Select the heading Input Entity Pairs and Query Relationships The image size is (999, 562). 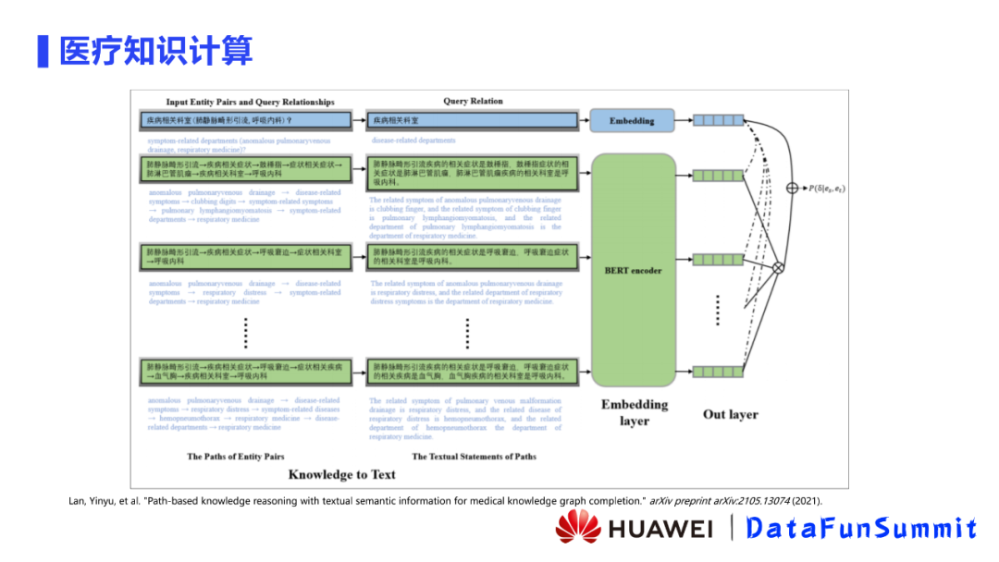250,102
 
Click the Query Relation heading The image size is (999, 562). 473,102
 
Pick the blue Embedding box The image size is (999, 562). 633,120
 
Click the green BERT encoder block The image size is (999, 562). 633,270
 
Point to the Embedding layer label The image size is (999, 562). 635,412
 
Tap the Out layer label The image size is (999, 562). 731,414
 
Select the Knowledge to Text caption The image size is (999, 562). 341,474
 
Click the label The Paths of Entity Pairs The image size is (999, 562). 235,456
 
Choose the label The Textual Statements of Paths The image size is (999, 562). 474,456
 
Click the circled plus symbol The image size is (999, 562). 792,189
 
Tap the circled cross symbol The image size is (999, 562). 778,267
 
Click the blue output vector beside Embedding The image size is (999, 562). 719,120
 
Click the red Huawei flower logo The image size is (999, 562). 578,527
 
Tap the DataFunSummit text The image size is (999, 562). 861,528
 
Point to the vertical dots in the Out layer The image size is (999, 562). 718,311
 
